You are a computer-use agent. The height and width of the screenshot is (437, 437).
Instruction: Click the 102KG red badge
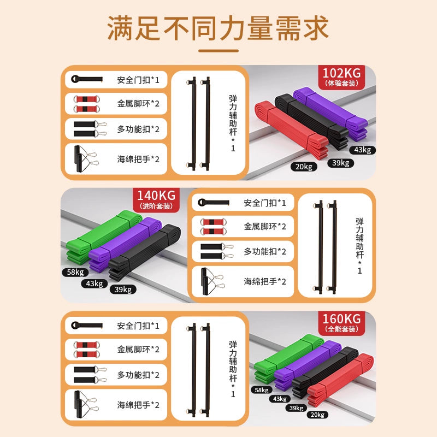click(x=341, y=78)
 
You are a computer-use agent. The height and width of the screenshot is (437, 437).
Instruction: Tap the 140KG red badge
click(x=156, y=200)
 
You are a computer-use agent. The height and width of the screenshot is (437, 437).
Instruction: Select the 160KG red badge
click(x=341, y=323)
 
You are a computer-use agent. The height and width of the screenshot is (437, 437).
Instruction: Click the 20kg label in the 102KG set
click(x=304, y=167)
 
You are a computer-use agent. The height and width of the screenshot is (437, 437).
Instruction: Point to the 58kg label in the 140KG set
click(x=75, y=272)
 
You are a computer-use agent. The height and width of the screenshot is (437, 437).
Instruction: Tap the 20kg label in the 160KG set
click(x=317, y=415)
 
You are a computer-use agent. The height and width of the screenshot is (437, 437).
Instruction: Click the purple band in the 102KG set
click(x=331, y=114)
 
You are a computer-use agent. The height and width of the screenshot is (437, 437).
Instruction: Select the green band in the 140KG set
click(x=103, y=237)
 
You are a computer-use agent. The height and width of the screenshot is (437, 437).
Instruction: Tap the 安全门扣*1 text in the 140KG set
click(x=265, y=203)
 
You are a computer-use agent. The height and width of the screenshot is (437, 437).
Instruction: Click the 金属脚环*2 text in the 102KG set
click(x=138, y=104)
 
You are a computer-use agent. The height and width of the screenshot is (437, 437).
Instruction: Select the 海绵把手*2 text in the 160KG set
click(x=138, y=405)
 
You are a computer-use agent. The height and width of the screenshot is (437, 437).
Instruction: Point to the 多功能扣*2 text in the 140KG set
click(x=265, y=252)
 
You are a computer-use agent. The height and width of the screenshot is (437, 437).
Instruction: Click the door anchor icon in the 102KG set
click(x=87, y=79)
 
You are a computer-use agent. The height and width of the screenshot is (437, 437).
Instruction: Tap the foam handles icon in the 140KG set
click(x=212, y=281)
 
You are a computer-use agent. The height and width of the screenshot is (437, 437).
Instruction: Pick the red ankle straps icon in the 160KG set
click(x=87, y=350)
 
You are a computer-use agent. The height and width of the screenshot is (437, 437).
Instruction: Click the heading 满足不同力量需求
click(x=218, y=28)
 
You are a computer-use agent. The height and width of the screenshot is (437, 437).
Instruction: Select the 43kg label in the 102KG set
click(x=363, y=150)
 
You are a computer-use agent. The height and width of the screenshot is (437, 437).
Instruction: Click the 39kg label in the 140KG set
click(x=123, y=290)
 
